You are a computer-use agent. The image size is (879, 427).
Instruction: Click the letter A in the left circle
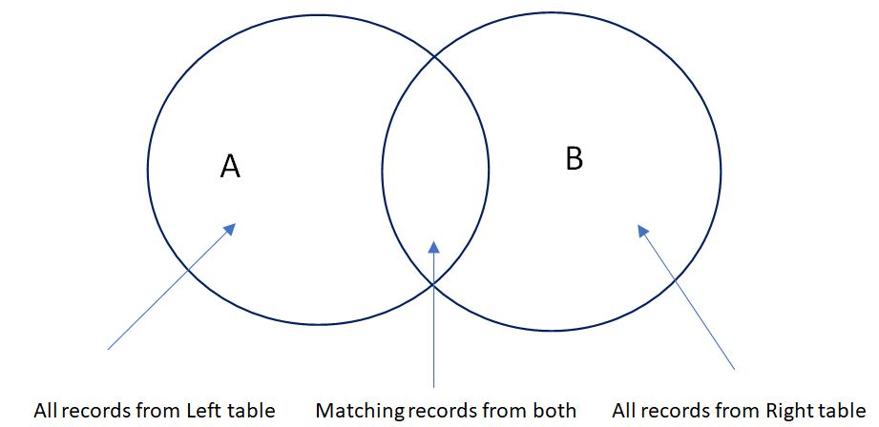point(230,167)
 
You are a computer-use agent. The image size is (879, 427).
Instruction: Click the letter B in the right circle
point(574,158)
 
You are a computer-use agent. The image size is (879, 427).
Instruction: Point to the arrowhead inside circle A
point(229,229)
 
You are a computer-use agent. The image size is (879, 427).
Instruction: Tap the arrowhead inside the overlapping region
point(433,246)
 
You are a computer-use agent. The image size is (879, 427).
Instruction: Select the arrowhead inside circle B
point(643,231)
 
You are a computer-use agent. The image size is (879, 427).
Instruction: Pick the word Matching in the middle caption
point(360,412)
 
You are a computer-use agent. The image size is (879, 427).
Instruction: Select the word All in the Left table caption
point(44,412)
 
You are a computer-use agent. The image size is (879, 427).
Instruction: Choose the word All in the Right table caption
point(623,412)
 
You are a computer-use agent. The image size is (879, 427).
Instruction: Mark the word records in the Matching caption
point(449,412)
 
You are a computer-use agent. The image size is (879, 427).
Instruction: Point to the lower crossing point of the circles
point(434,283)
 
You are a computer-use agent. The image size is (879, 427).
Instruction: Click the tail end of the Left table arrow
point(109,349)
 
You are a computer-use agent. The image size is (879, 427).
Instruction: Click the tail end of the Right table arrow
point(735,368)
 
